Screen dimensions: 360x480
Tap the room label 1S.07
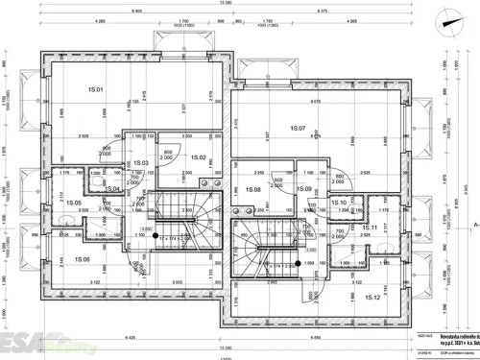(x=296, y=129)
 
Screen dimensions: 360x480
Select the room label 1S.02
(x=200, y=156)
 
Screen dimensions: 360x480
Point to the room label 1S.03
(x=141, y=163)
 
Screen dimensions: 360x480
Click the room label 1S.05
(x=73, y=203)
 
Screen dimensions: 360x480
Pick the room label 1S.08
(x=253, y=190)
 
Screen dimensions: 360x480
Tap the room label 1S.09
(x=303, y=189)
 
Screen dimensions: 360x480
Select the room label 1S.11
(x=370, y=228)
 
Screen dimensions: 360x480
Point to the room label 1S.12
(x=373, y=298)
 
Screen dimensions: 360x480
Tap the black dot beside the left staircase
(x=155, y=232)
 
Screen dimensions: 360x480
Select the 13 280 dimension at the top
(x=226, y=4)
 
